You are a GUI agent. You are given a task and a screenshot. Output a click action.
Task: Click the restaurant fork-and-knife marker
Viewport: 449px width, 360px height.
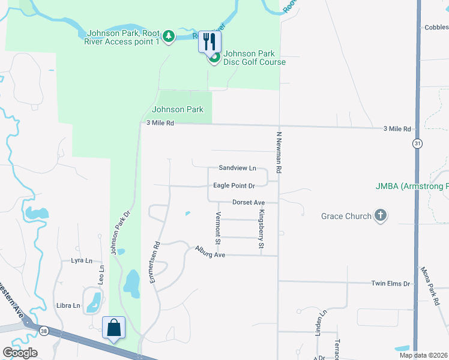(x=209, y=41)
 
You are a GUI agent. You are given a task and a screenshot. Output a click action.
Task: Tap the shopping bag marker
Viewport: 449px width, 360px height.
(x=113, y=327)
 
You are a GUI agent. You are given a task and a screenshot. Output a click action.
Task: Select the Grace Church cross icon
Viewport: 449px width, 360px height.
(x=380, y=215)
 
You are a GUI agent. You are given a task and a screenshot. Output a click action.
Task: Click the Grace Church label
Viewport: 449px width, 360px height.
(x=346, y=216)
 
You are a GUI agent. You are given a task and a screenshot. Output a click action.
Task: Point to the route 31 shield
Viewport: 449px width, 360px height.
(x=417, y=143)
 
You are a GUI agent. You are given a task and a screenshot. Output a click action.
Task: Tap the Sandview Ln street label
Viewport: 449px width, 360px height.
(x=237, y=168)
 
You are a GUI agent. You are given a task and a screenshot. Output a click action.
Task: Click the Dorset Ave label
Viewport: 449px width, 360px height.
(x=249, y=203)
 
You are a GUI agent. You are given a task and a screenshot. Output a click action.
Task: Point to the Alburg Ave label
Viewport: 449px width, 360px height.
(x=209, y=254)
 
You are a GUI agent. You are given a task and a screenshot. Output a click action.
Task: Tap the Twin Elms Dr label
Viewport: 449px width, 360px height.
(x=390, y=283)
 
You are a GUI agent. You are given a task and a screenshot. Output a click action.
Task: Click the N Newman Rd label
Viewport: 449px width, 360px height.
(x=279, y=154)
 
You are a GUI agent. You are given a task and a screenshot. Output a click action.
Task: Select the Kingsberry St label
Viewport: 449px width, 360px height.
(x=261, y=229)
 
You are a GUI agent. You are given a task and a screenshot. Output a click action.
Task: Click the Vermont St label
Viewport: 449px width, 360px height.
(x=218, y=228)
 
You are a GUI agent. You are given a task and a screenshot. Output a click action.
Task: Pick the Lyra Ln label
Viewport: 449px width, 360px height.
(x=82, y=260)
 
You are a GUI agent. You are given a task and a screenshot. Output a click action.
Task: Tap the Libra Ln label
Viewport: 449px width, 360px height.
(x=68, y=305)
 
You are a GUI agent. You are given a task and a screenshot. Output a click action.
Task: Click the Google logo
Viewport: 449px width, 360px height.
(x=20, y=353)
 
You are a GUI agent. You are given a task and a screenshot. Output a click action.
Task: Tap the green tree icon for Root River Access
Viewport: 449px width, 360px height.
(x=169, y=37)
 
